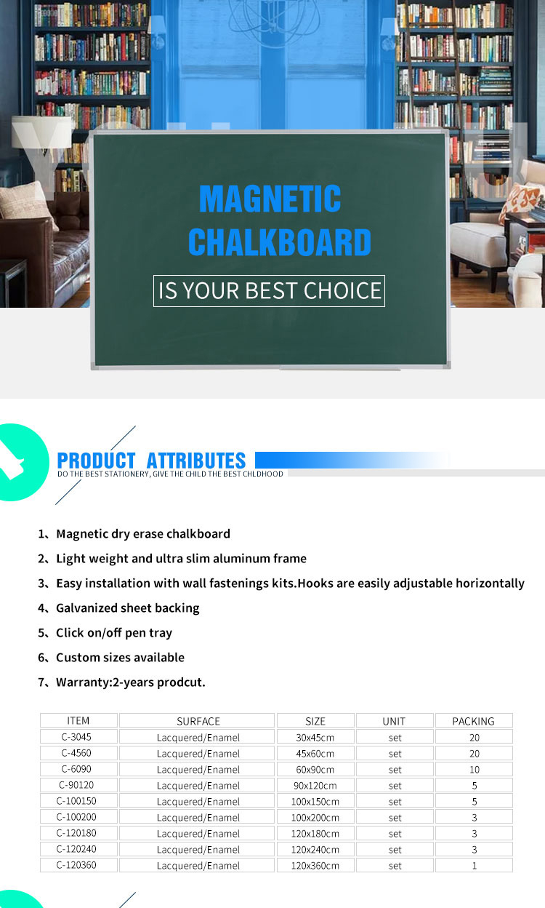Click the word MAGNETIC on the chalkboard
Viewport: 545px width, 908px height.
(270, 199)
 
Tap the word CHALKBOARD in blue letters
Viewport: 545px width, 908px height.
(279, 242)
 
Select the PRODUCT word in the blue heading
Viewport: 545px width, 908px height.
(96, 461)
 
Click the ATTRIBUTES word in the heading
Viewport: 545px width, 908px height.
(196, 461)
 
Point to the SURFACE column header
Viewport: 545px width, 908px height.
(198, 721)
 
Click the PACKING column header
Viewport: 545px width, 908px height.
(473, 721)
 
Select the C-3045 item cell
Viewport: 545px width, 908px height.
(76, 737)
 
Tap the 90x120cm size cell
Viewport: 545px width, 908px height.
(315, 786)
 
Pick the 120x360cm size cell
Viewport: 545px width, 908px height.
(315, 866)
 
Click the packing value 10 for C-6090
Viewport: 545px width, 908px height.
(474, 769)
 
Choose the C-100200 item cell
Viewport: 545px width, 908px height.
(76, 817)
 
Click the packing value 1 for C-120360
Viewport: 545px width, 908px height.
(474, 866)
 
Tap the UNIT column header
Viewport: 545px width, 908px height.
(394, 721)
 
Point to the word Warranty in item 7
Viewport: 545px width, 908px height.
(83, 682)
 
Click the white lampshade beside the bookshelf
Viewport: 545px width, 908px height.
(41, 132)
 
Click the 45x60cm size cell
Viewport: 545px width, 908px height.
(315, 754)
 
